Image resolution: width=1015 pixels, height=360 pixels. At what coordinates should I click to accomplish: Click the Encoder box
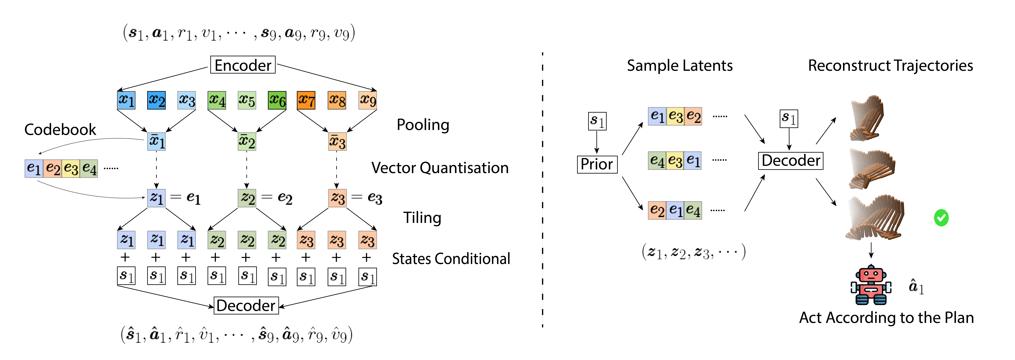243,65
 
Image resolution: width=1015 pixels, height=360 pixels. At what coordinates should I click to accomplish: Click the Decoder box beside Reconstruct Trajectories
790,161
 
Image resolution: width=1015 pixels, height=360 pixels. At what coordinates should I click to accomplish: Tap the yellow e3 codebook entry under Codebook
71,169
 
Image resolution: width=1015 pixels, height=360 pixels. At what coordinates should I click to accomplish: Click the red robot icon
871,286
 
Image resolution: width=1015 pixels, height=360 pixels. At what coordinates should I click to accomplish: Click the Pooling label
423,125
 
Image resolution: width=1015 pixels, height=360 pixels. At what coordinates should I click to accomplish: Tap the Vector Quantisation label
440,168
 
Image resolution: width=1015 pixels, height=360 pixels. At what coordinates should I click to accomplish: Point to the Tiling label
422,217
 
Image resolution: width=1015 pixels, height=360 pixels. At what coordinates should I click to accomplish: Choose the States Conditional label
451,259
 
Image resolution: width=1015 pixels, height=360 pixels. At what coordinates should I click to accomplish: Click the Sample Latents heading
680,65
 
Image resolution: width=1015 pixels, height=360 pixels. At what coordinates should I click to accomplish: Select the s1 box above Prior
597,121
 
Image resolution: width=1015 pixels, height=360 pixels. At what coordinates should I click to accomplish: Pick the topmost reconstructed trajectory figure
867,118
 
